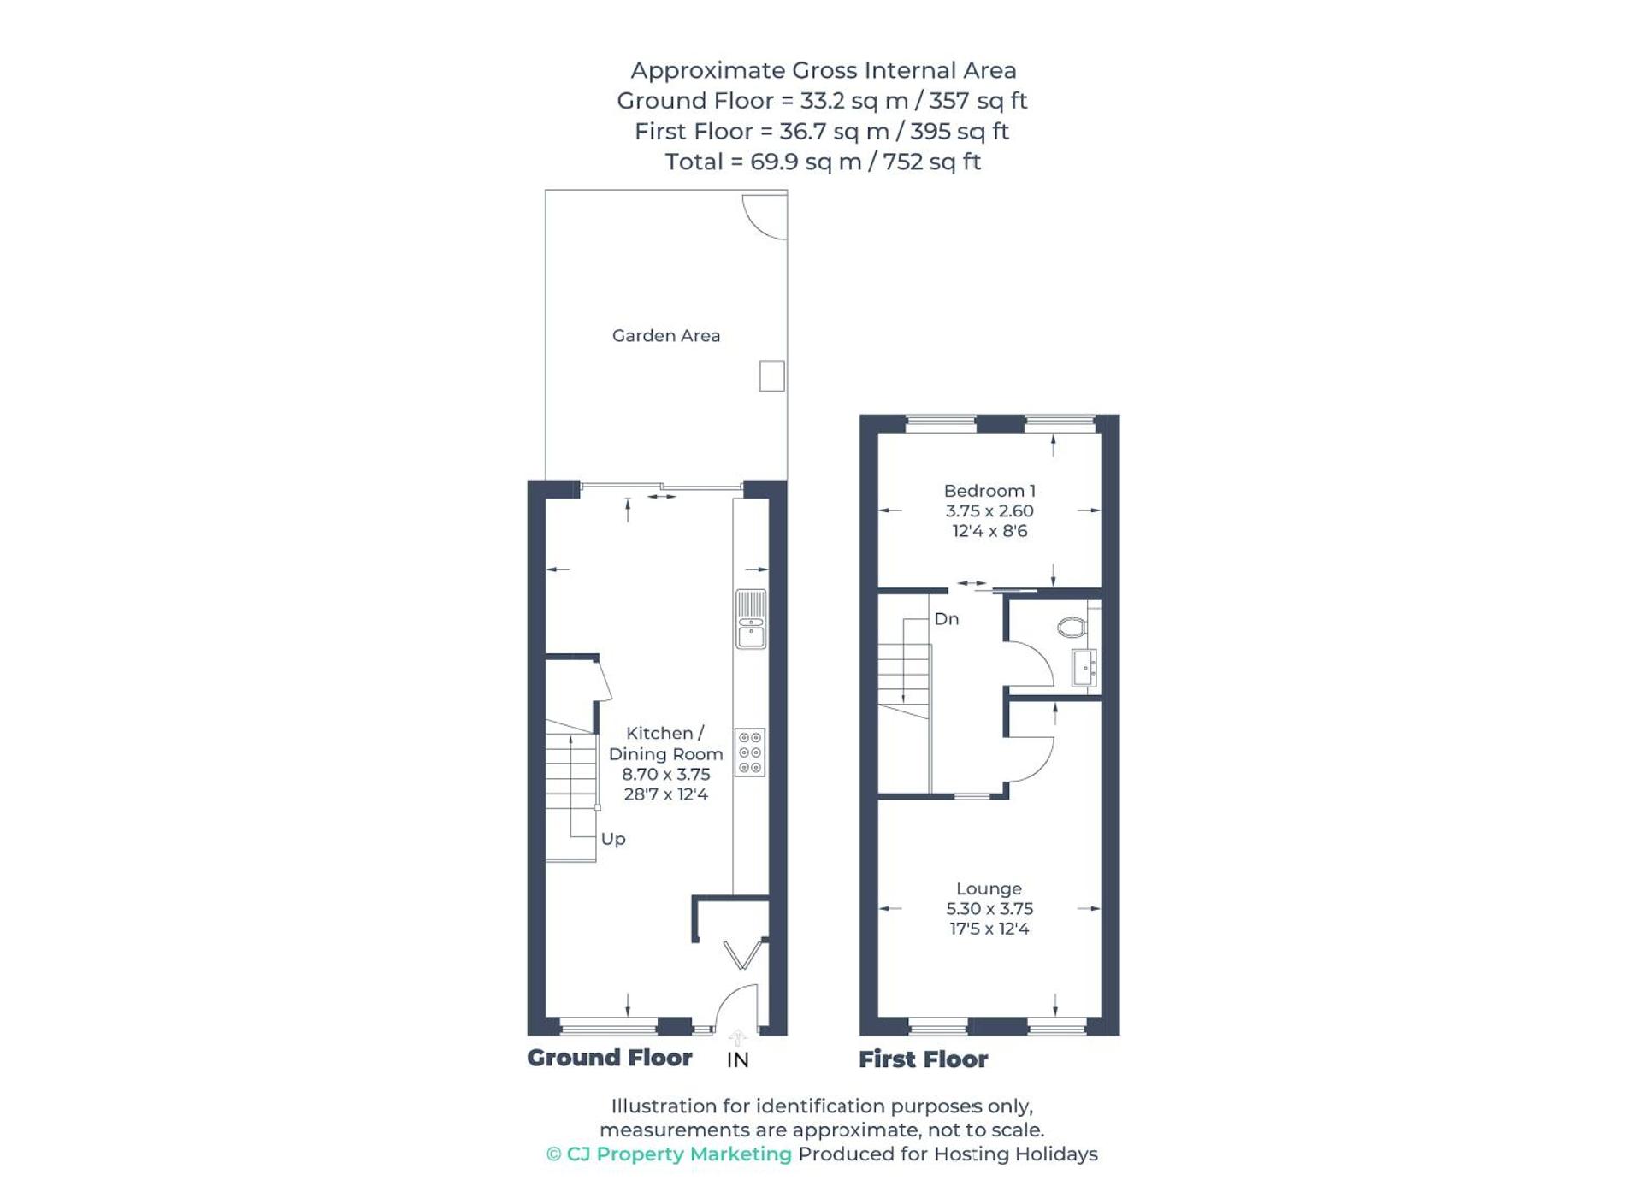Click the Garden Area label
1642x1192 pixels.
pyautogui.click(x=665, y=336)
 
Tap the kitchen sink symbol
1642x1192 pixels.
pyautogui.click(x=751, y=619)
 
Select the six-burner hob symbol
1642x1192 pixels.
pyautogui.click(x=750, y=752)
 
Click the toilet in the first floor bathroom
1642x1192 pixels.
pyautogui.click(x=1072, y=628)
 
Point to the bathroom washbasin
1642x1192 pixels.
pyautogui.click(x=1084, y=667)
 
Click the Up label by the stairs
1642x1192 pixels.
pyautogui.click(x=613, y=839)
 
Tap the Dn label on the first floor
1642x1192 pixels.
pyautogui.click(x=946, y=619)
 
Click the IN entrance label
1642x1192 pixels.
pyautogui.click(x=737, y=1060)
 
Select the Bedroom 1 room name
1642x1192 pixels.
pyautogui.click(x=989, y=491)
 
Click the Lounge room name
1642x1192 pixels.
pyautogui.click(x=989, y=889)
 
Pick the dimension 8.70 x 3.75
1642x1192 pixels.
pyautogui.click(x=665, y=775)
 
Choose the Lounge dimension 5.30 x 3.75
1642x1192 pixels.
pyautogui.click(x=989, y=909)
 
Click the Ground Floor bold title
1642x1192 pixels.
pyautogui.click(x=609, y=1059)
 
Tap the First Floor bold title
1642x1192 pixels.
pyautogui.click(x=923, y=1060)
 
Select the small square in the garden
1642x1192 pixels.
pyautogui.click(x=771, y=376)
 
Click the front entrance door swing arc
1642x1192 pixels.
pyautogui.click(x=735, y=1006)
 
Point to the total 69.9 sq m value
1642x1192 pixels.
pyautogui.click(x=805, y=162)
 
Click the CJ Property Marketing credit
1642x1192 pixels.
pyautogui.click(x=669, y=1154)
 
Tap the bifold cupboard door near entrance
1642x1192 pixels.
pyautogui.click(x=742, y=954)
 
